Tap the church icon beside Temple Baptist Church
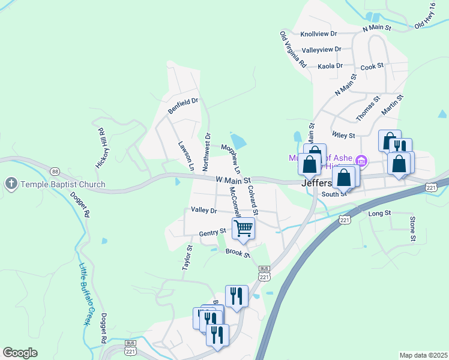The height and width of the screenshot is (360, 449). (10, 184)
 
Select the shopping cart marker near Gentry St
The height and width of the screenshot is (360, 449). (243, 228)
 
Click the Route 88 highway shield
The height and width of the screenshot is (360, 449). (55, 171)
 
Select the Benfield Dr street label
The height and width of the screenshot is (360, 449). (182, 106)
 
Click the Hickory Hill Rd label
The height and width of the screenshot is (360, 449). (100, 147)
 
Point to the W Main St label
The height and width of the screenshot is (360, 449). (233, 179)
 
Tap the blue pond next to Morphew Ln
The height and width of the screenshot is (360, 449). (238, 142)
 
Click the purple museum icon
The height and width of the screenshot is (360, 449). (361, 160)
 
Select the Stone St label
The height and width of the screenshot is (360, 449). (412, 229)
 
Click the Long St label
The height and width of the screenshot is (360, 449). (379, 213)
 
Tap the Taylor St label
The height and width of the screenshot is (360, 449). (187, 257)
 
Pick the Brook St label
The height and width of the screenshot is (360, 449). (238, 253)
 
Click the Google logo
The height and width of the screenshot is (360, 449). (20, 353)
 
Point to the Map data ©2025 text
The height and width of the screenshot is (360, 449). (423, 355)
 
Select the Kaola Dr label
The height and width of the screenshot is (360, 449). (330, 66)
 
